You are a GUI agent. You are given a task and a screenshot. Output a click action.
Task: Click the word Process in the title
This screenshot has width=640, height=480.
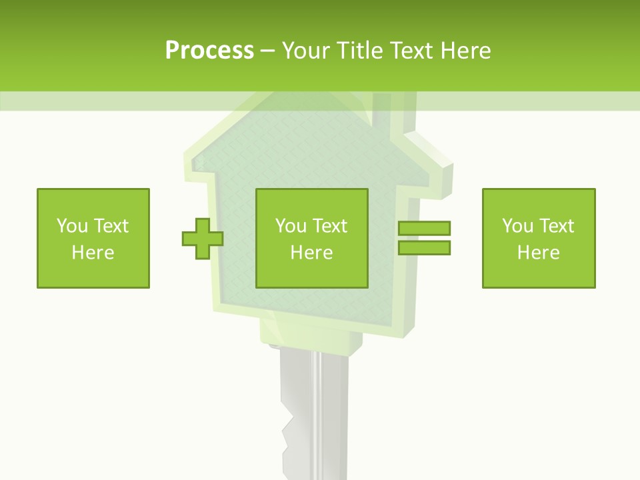[x=209, y=51]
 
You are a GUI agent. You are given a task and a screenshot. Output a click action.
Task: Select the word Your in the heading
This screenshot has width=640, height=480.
[x=306, y=51]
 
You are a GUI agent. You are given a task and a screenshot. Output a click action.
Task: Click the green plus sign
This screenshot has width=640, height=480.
[x=203, y=238]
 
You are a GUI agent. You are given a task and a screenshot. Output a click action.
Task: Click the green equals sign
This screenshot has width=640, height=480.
[x=425, y=238]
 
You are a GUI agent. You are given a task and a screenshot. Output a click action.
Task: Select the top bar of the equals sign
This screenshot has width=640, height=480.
[x=425, y=229]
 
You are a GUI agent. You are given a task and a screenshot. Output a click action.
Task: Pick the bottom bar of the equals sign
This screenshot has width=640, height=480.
[x=425, y=247]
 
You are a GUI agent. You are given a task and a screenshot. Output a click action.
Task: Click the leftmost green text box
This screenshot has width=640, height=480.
[x=93, y=238]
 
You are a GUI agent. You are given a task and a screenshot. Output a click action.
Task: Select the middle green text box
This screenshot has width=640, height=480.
[x=312, y=238]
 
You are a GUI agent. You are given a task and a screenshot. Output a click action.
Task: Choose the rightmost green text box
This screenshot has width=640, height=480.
[x=539, y=238]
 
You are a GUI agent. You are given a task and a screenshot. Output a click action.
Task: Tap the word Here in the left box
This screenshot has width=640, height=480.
[x=93, y=253]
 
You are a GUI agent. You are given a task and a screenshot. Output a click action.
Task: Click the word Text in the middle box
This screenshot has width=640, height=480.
[x=330, y=226]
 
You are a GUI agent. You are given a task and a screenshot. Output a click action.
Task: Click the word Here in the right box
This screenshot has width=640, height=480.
[x=539, y=253]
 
